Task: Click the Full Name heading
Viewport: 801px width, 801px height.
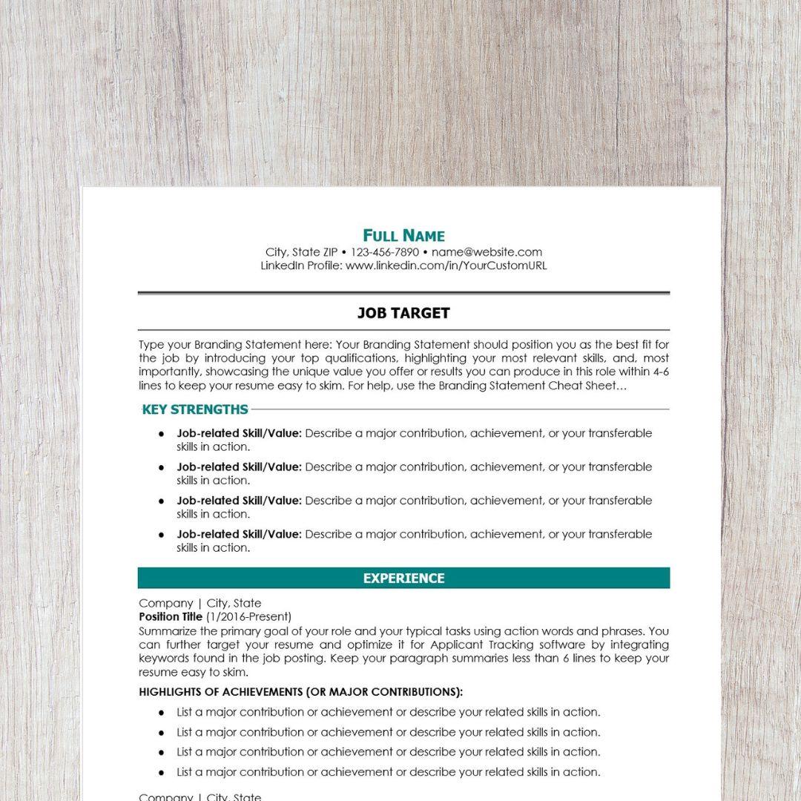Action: tap(403, 236)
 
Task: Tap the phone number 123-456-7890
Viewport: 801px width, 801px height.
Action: tap(385, 252)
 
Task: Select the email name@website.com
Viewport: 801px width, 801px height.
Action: tap(487, 252)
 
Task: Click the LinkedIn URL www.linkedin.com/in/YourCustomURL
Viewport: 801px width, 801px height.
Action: tap(446, 266)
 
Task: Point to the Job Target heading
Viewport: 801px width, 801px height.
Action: tap(403, 313)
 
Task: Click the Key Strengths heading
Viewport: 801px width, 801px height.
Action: tap(195, 409)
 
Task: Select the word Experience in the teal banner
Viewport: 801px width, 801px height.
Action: tap(403, 578)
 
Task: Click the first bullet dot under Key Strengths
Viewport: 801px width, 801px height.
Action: tap(161, 433)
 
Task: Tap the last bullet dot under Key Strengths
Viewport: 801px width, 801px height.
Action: tap(161, 534)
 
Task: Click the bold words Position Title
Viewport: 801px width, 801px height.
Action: tap(171, 616)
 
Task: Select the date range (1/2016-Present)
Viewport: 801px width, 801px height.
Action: tap(248, 616)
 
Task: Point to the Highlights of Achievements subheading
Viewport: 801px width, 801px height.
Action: tap(300, 692)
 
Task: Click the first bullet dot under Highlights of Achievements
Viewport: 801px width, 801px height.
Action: tap(161, 712)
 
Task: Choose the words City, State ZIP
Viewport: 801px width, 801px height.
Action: tap(301, 252)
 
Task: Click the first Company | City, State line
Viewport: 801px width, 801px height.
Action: tap(200, 603)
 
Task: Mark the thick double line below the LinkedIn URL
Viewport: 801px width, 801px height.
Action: tap(403, 294)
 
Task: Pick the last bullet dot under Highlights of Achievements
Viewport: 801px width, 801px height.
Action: tap(161, 772)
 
